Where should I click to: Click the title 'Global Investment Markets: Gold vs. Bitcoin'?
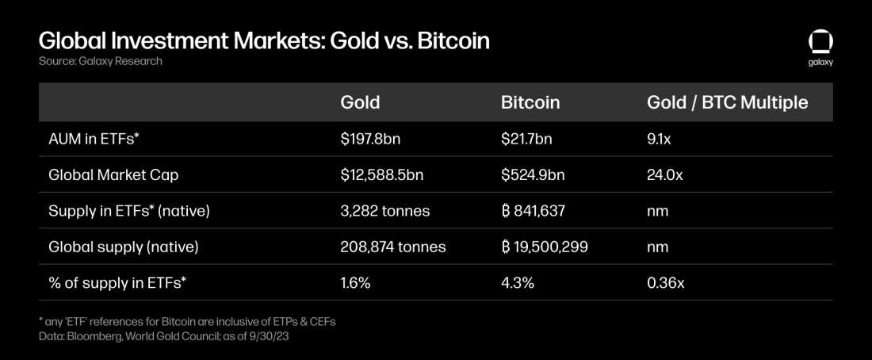(x=263, y=40)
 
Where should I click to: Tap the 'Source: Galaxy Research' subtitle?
(x=100, y=61)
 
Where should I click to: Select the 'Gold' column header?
(x=360, y=102)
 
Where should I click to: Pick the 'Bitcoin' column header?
(x=530, y=102)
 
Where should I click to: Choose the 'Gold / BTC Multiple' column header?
(x=727, y=102)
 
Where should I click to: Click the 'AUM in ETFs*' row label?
(x=94, y=139)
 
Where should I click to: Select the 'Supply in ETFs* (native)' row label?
(x=128, y=211)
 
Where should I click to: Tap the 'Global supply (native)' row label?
(x=123, y=247)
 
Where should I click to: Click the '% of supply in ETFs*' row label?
(x=117, y=282)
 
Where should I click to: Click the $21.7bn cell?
(x=526, y=139)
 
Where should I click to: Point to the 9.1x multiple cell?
(x=660, y=139)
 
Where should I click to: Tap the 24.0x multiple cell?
(x=664, y=175)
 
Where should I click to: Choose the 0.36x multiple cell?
(x=664, y=282)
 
